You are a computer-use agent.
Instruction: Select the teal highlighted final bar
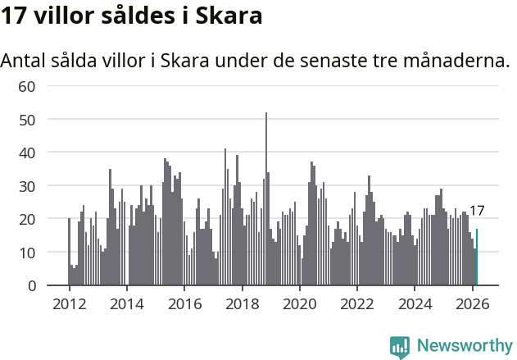point(477,257)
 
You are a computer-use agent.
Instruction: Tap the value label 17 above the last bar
point(477,211)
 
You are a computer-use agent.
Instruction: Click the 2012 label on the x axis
point(69,303)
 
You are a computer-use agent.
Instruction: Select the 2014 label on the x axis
point(126,303)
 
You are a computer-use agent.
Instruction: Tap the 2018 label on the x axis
point(242,303)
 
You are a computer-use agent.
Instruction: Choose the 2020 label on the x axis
point(299,303)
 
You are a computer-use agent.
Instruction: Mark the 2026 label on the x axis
point(472,303)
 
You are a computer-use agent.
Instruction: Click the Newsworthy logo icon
point(400,346)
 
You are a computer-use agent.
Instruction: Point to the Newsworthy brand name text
point(465,346)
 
